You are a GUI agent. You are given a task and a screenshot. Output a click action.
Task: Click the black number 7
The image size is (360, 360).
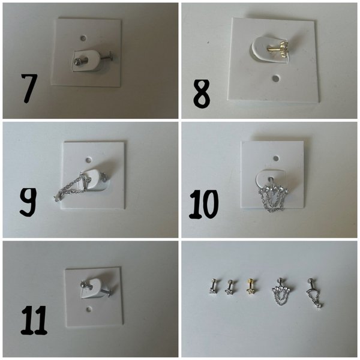pos(29,88)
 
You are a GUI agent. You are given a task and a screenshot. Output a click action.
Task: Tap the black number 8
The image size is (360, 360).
pos(202,94)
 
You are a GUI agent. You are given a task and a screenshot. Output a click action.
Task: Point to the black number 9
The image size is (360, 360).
pos(28,202)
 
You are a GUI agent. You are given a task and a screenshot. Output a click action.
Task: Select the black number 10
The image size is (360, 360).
pos(203,205)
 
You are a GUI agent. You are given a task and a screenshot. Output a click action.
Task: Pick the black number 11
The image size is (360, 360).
pos(34,320)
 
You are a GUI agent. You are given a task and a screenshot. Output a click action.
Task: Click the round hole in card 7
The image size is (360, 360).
pos(83,38)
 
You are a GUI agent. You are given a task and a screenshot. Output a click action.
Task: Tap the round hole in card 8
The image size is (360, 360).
pos(275,79)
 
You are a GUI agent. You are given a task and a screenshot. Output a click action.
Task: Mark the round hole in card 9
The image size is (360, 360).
pos(88,160)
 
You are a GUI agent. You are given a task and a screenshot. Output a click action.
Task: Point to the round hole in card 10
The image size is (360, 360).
pos(276,158)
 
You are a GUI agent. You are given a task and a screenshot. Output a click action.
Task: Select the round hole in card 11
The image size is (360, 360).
pos(89,309)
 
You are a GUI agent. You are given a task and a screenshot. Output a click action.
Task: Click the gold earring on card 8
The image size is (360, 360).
pos(278,49)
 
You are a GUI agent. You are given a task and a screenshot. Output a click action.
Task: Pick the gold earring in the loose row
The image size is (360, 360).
pos(250,287)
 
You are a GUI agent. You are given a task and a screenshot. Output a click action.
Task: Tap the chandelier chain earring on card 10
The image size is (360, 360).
pos(273,197)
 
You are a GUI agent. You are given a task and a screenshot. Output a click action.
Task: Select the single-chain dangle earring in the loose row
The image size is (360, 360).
pos(314,293)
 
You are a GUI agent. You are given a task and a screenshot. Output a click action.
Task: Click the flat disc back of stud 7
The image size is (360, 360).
pos(110,56)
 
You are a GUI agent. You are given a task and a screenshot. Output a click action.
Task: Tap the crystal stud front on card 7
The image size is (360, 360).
pos(77,61)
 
